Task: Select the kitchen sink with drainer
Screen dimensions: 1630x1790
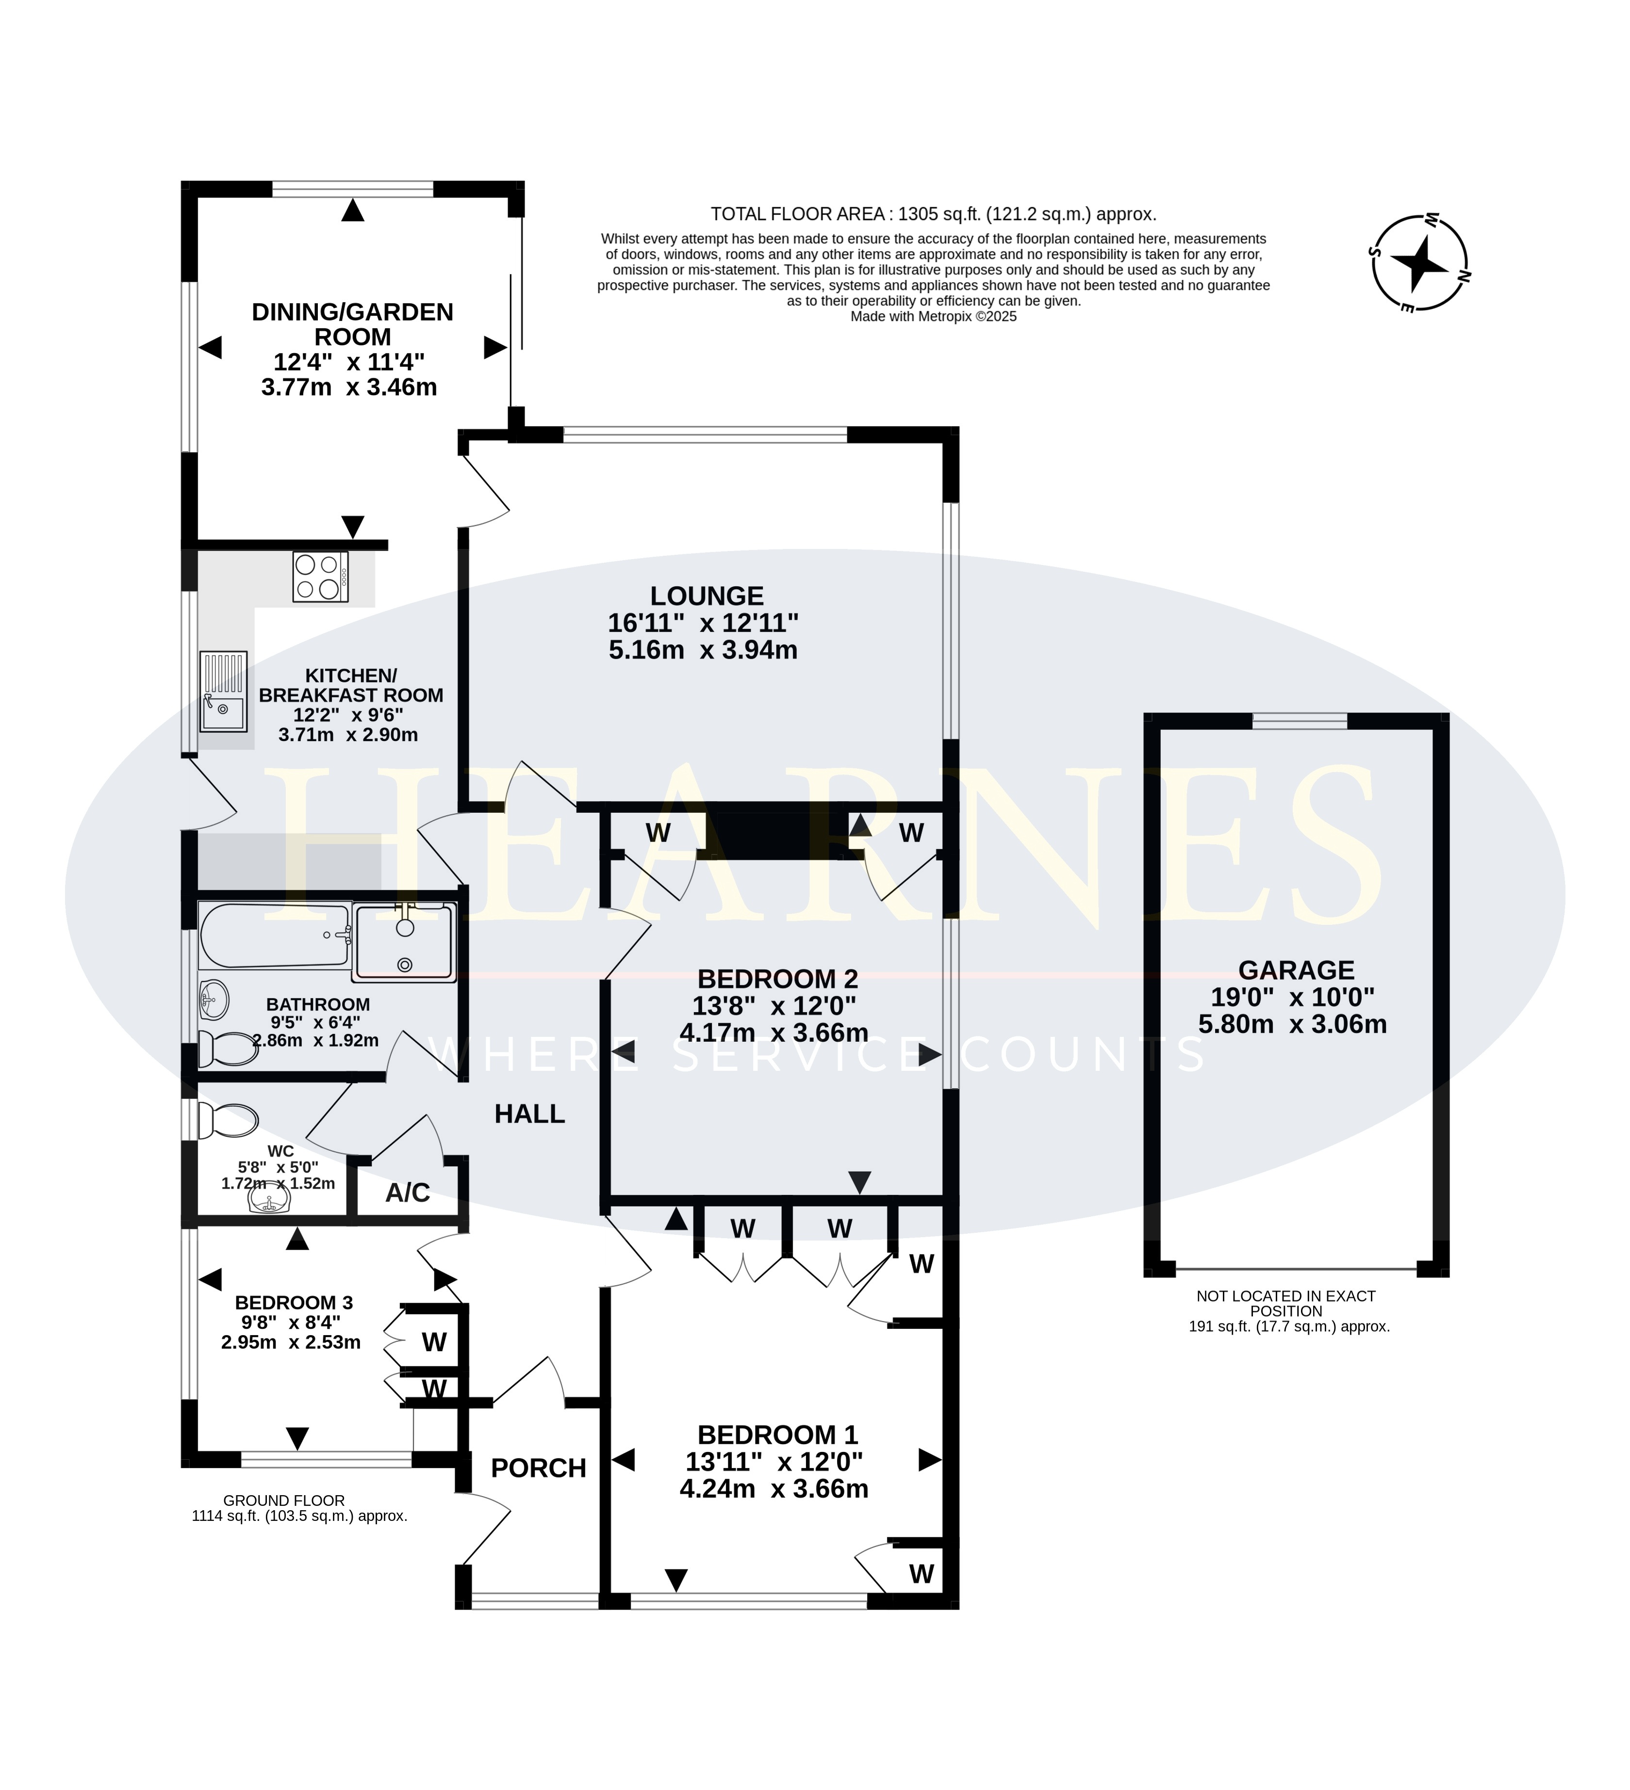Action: tap(223, 691)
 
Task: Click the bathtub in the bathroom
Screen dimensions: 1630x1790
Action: tap(275, 935)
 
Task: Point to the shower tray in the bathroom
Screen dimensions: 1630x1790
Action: tap(404, 941)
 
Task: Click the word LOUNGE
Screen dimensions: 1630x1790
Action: tap(707, 596)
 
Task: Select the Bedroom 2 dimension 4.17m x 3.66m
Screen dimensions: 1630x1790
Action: tap(774, 1032)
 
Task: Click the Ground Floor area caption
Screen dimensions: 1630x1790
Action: tap(299, 1509)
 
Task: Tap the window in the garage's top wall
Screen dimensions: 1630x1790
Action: tap(1300, 721)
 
